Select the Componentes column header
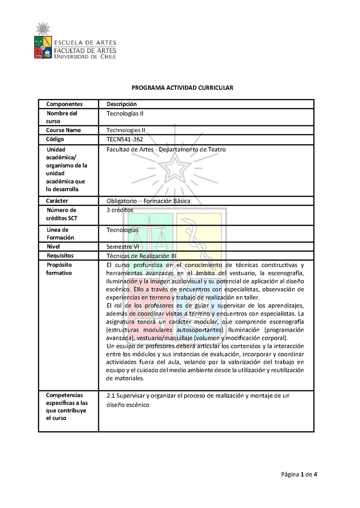tap(64, 104)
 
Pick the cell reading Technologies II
tap(126, 130)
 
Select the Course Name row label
tap(63, 130)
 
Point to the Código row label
tap(55, 139)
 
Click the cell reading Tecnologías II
tap(125, 114)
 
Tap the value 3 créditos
tap(120, 210)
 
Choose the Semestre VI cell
tap(122, 247)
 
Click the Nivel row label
tap(54, 247)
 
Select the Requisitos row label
tap(60, 256)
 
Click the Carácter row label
tap(57, 201)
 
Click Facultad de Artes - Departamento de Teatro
tap(166, 149)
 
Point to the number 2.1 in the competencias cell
tap(111, 396)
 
